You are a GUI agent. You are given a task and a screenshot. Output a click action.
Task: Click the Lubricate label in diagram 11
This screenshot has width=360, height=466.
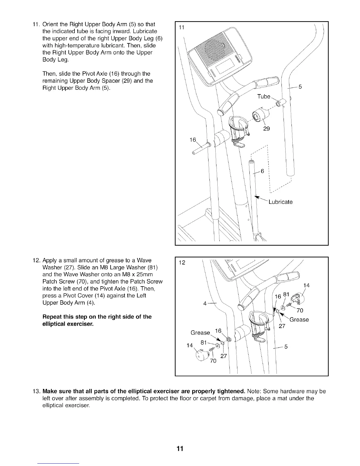280,202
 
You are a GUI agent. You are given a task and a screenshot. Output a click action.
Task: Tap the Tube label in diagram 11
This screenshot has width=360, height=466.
264,96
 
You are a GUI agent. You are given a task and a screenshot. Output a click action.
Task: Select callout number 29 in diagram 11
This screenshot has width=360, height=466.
266,129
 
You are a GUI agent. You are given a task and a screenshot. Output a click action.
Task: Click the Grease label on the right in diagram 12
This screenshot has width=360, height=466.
299,319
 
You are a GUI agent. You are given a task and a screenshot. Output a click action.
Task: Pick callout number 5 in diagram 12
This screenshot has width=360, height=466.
285,347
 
